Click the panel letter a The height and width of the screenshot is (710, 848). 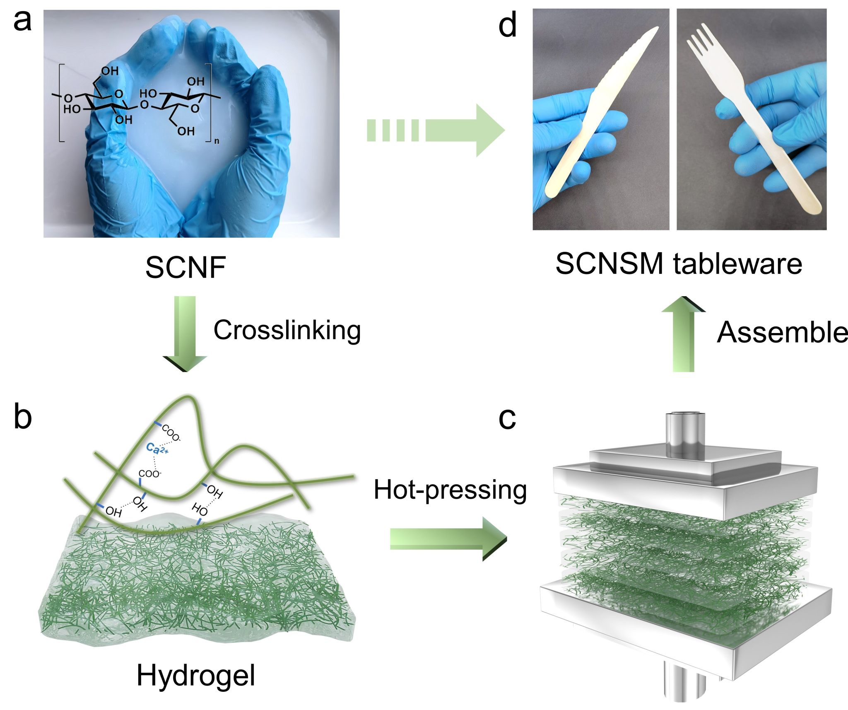point(22,22)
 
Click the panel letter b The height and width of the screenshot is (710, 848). point(22,417)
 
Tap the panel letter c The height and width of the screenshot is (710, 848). point(507,418)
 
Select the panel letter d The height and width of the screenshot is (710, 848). point(508,26)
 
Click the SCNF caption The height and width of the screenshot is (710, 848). point(185,268)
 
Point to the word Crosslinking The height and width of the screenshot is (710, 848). point(287,331)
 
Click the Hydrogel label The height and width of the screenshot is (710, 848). point(195,676)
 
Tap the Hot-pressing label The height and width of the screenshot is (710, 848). point(450,490)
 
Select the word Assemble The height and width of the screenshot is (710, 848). point(782,333)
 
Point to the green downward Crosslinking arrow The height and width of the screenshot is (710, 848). point(185,334)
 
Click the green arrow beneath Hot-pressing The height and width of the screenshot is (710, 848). point(448,539)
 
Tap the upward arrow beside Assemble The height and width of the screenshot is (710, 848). point(683,334)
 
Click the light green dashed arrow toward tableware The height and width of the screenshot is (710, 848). point(435,130)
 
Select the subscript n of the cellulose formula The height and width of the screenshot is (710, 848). point(217,141)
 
